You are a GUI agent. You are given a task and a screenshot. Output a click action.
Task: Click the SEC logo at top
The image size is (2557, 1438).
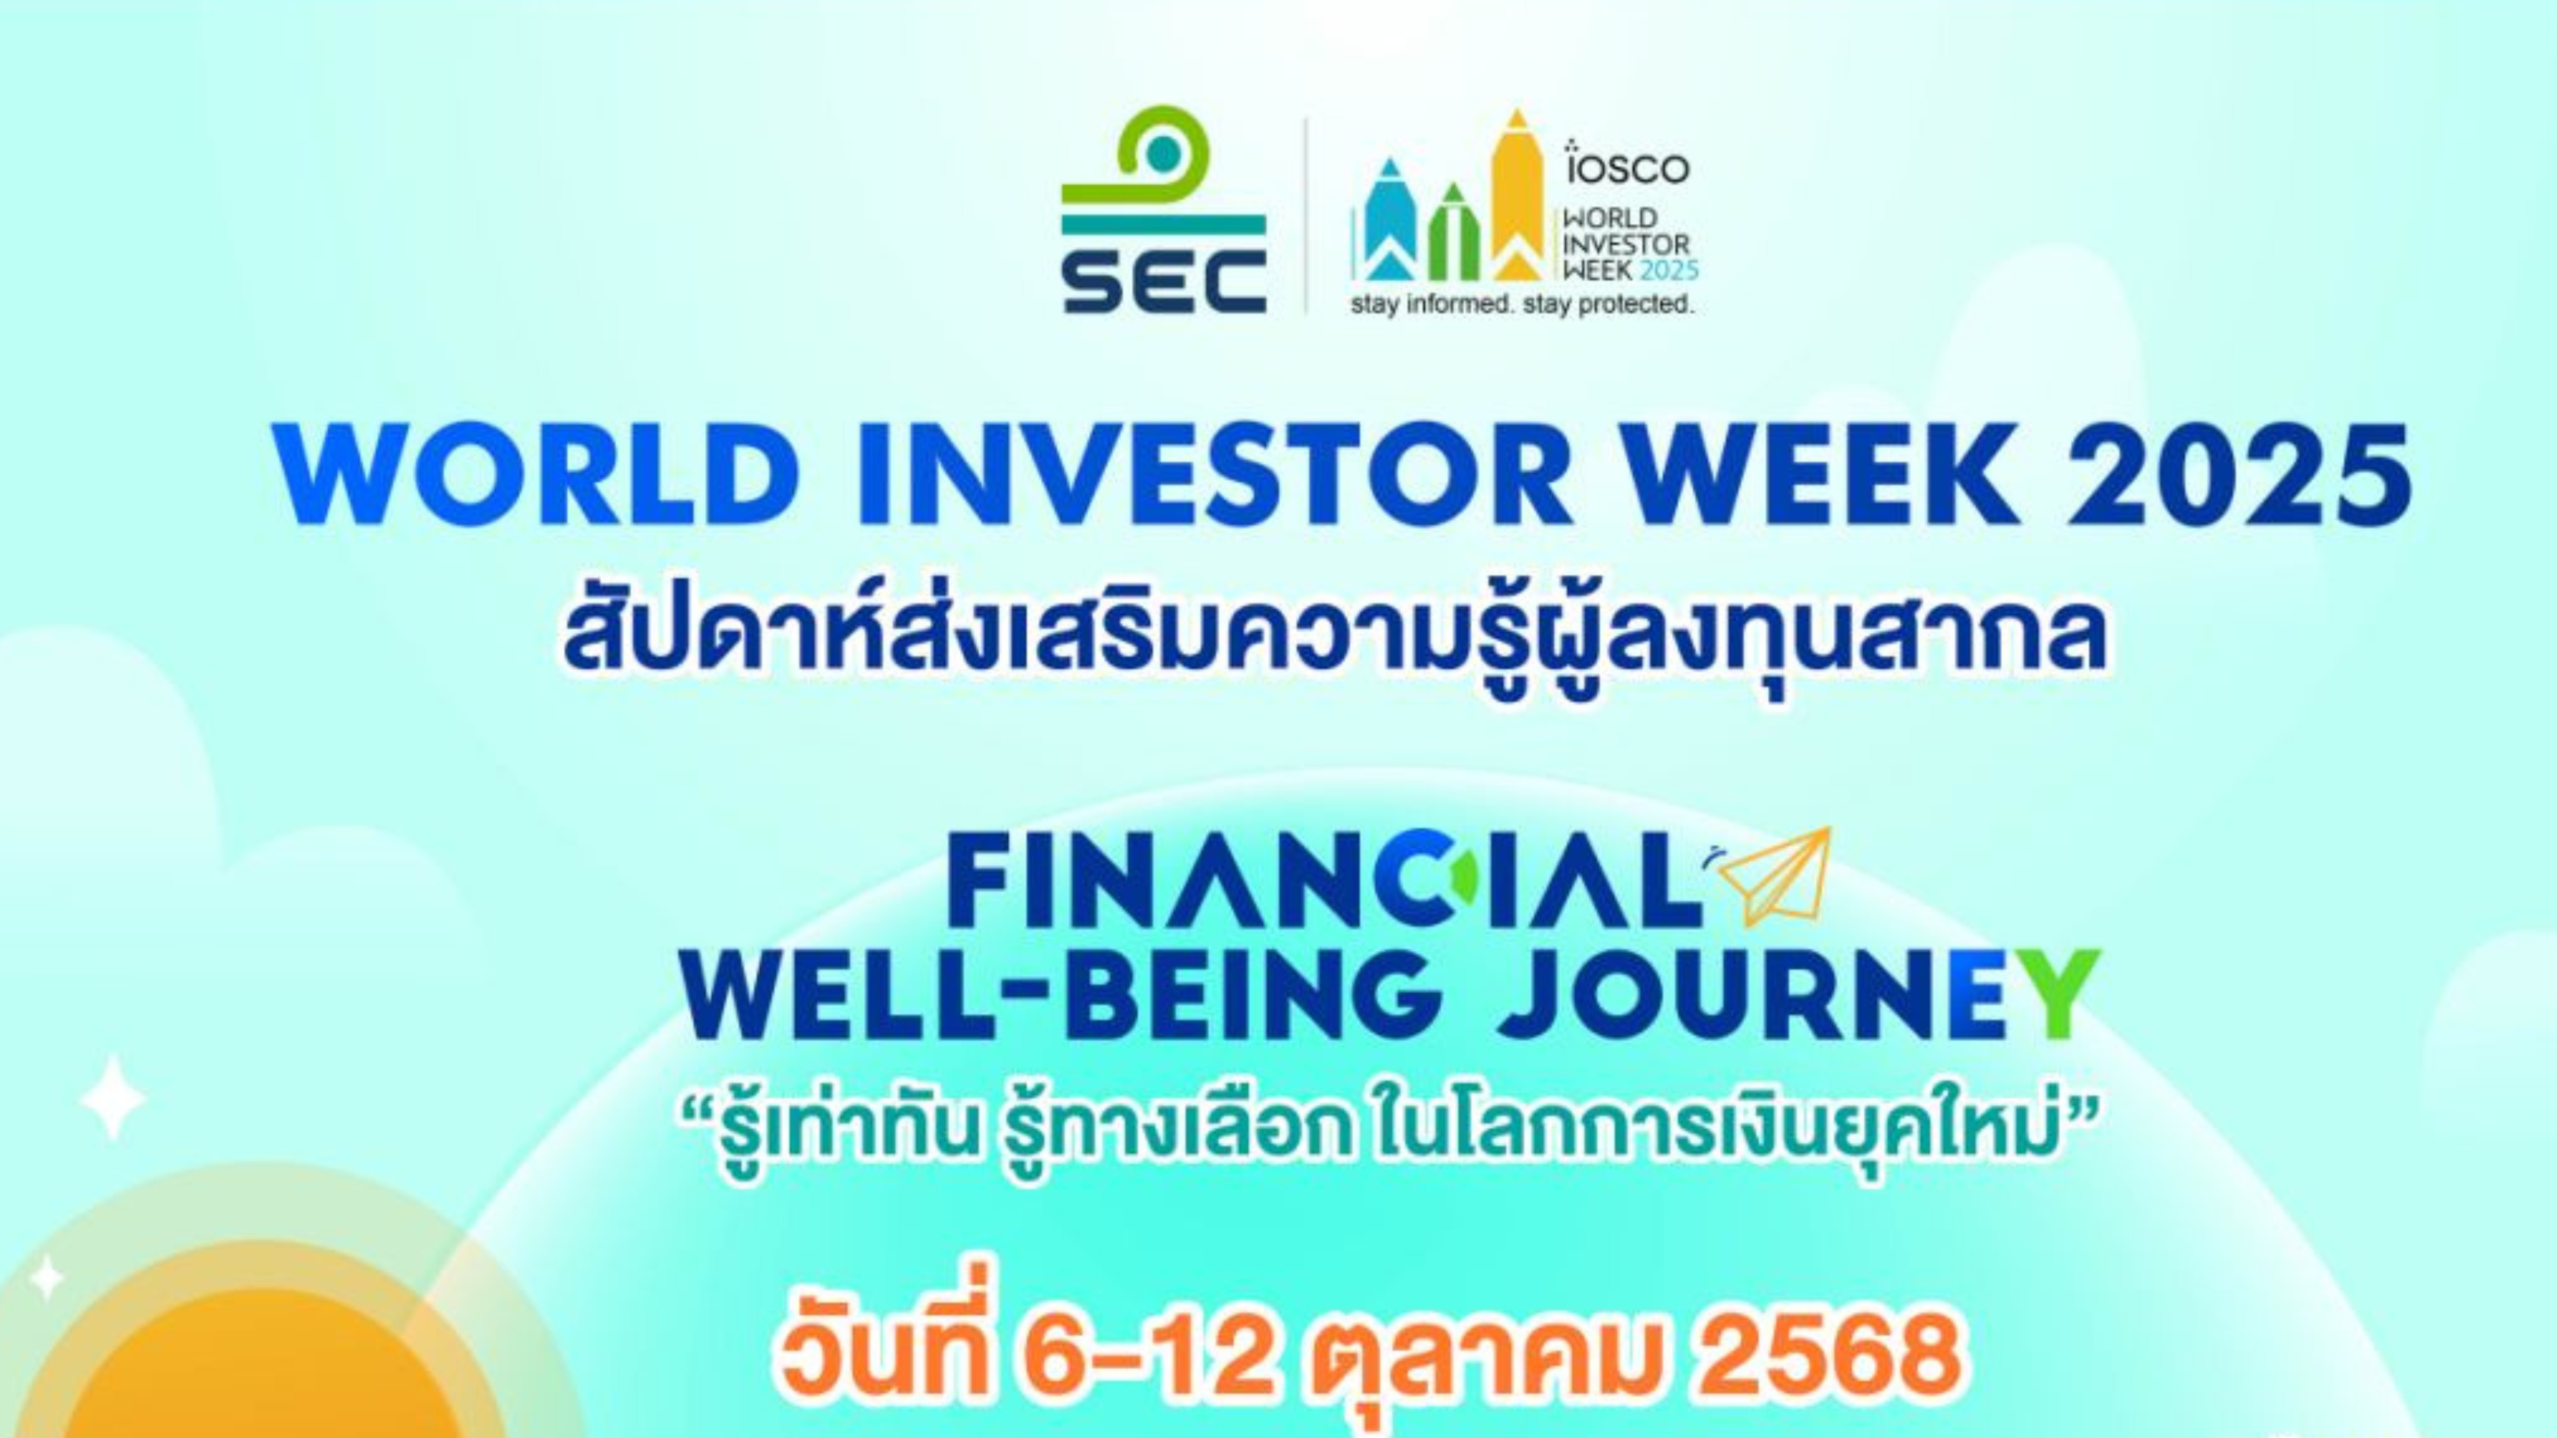(x=1163, y=210)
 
